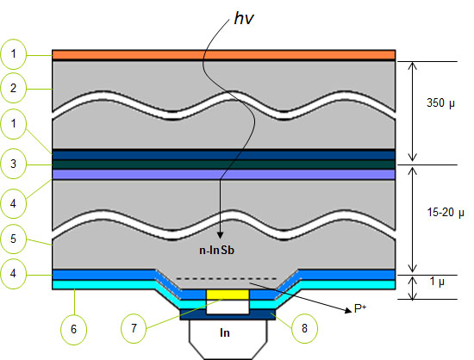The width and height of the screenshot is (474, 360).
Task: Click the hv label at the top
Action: coord(244,19)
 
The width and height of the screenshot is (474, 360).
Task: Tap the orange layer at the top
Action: coord(224,54)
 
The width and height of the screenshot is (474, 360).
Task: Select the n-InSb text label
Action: coord(216,251)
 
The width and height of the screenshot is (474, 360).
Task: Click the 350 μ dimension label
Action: coord(440,103)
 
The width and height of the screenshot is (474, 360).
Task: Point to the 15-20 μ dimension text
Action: coord(446,213)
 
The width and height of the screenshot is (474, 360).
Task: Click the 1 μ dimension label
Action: coord(437,282)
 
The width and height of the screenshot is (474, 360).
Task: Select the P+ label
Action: coord(360,308)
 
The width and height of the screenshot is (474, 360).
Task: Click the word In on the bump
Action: coord(225,332)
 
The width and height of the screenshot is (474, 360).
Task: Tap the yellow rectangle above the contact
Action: coord(228,295)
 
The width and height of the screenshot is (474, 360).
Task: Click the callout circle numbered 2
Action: coord(13,88)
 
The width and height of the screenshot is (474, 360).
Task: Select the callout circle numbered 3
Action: coord(13,164)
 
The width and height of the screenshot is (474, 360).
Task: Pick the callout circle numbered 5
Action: coord(13,239)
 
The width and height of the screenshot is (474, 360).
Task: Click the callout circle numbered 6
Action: coord(74,329)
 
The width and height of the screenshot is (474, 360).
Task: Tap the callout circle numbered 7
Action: coord(134,328)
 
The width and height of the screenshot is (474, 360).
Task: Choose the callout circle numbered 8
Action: coord(304,328)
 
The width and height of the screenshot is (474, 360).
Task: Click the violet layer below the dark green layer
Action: coord(224,174)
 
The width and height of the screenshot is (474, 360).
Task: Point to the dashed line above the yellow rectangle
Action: coord(227,278)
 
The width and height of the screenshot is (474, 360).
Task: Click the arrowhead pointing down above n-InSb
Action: coord(220,235)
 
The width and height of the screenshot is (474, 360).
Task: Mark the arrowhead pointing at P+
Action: coord(348,310)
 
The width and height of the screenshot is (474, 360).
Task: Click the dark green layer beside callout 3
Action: coord(224,164)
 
